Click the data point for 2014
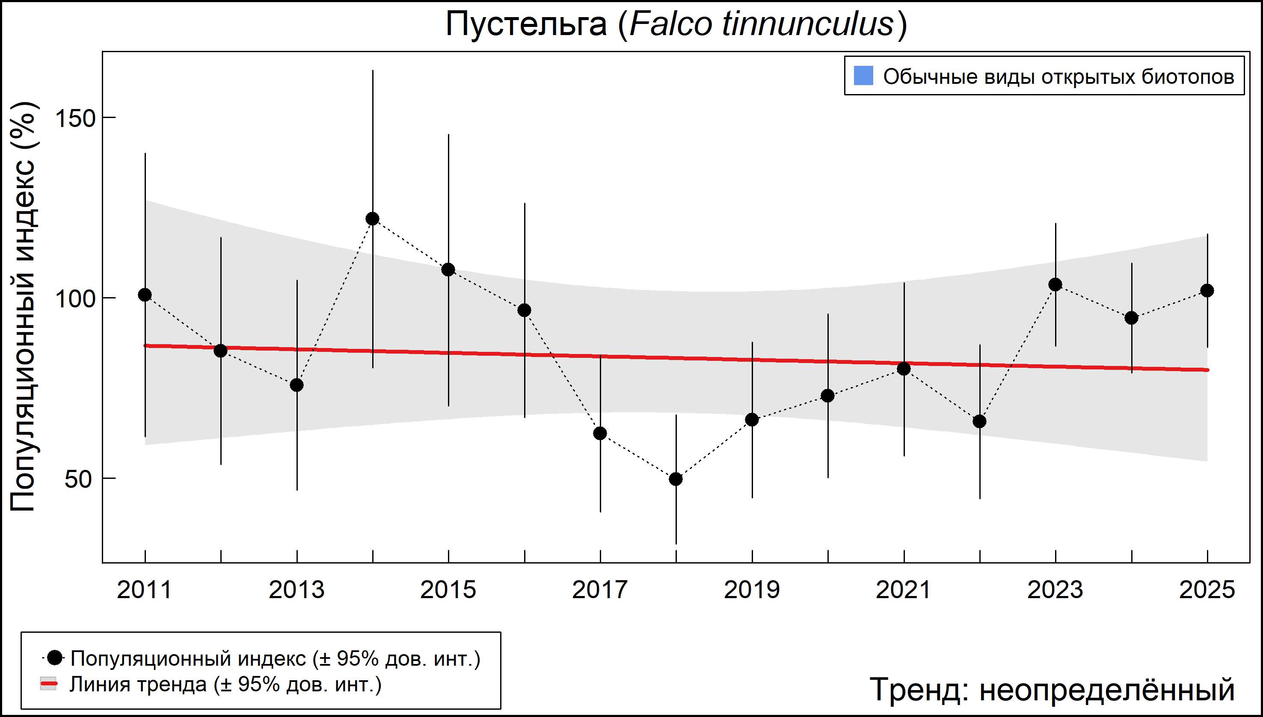point(373,218)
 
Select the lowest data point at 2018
point(676,479)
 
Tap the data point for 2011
point(145,295)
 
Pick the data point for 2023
point(1055,285)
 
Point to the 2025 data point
point(1207,291)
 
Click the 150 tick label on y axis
point(75,119)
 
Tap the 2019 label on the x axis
point(752,590)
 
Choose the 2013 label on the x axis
point(296,590)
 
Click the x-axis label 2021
point(904,590)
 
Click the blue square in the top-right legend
point(863,76)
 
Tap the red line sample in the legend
point(49,684)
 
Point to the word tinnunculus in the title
point(808,24)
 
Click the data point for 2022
point(980,422)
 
